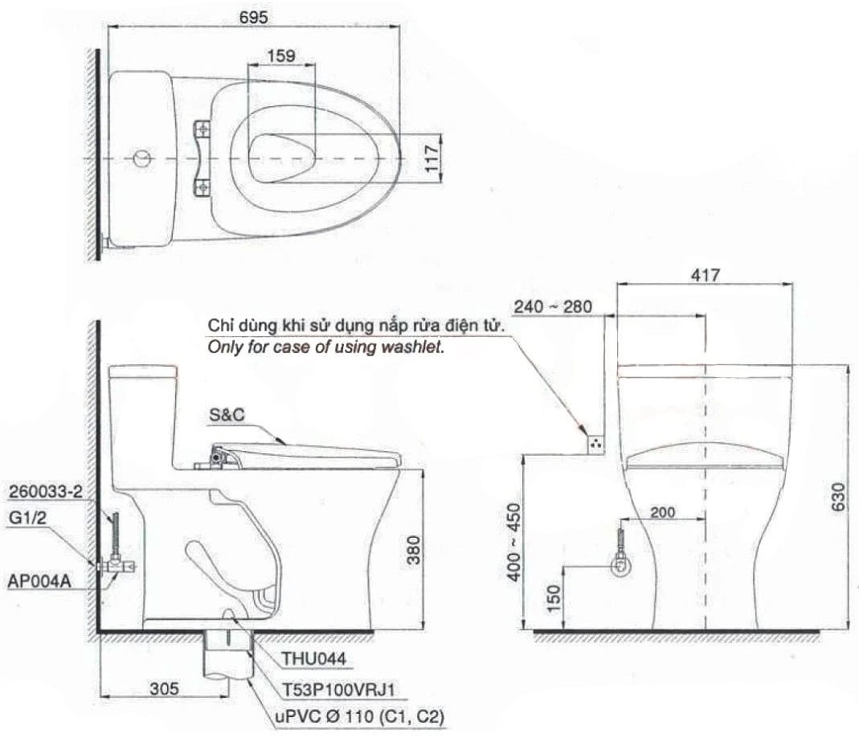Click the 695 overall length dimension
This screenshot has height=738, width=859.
point(253,16)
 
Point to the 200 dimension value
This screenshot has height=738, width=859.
point(663,510)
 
